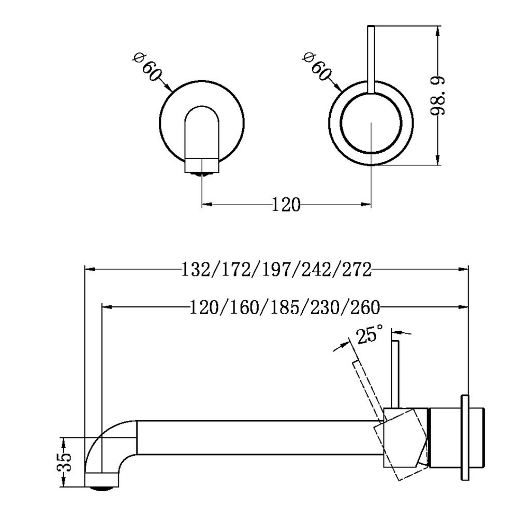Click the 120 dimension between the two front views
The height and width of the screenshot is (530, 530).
(286, 205)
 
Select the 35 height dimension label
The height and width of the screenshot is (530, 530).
(65, 462)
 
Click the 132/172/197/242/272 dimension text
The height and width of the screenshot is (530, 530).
(276, 269)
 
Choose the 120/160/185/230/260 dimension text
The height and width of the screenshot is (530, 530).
(285, 307)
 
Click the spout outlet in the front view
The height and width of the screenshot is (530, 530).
(201, 167)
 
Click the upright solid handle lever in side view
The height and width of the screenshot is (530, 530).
(396, 373)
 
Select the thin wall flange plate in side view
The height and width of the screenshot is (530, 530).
(465, 437)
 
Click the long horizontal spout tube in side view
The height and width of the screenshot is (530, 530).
(259, 438)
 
